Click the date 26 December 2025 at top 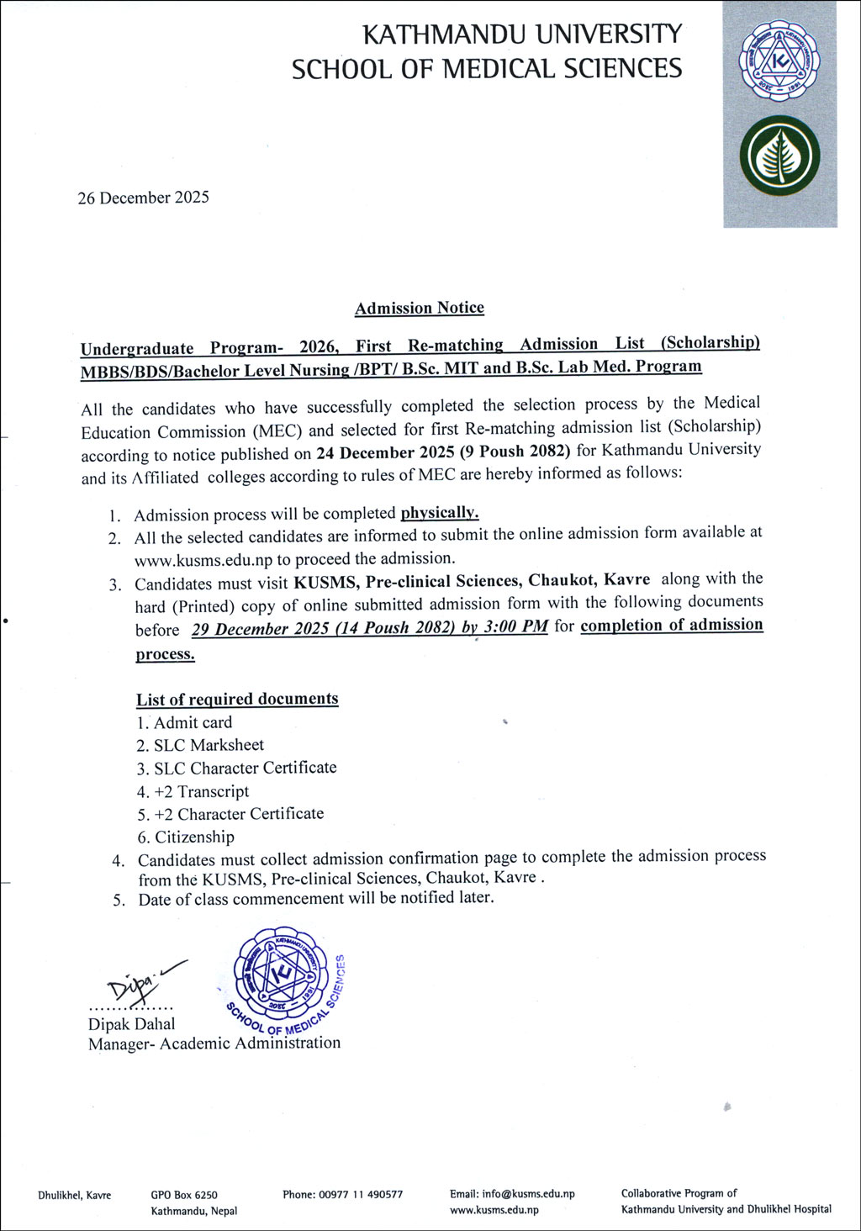click(x=143, y=198)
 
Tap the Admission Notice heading click(x=419, y=308)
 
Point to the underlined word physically click(x=439, y=512)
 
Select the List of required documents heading click(x=237, y=700)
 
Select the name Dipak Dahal click(x=132, y=1024)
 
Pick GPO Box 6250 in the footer click(x=184, y=1195)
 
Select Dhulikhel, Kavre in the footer click(x=74, y=1195)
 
